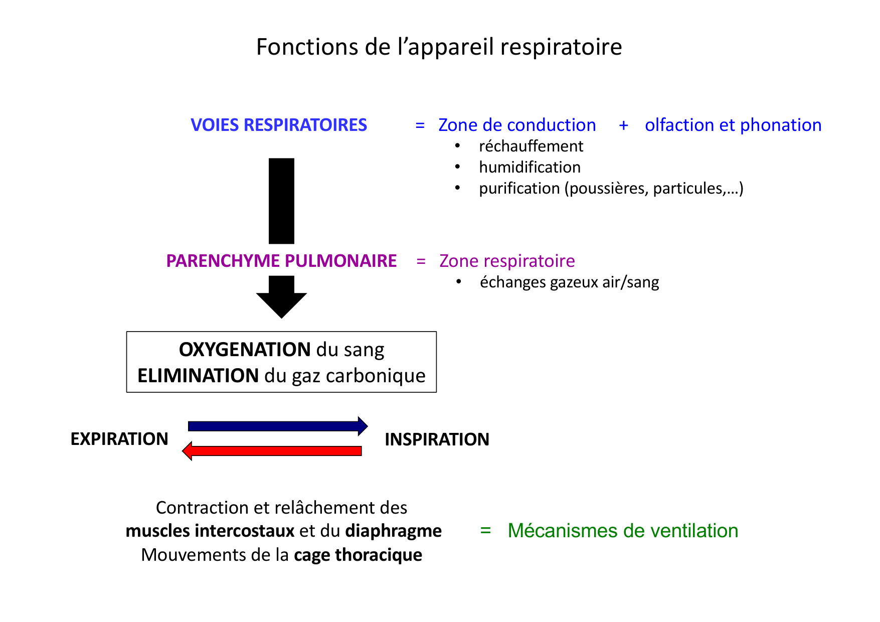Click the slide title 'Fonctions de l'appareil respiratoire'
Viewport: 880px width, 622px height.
[439, 47]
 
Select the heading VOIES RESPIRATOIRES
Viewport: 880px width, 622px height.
[279, 125]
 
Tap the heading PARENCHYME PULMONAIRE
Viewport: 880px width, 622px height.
[281, 261]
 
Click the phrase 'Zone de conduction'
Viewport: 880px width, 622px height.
[517, 125]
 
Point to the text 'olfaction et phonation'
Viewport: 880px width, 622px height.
[733, 125]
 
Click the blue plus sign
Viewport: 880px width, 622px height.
[623, 125]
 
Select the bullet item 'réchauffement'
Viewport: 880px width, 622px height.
[531, 146]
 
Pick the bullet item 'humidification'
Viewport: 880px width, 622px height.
[530, 167]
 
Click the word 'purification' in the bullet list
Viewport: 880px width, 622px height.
[519, 188]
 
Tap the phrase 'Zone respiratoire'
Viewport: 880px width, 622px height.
[507, 261]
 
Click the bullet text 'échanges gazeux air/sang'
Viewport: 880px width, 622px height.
[569, 282]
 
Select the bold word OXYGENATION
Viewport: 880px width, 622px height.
[245, 350]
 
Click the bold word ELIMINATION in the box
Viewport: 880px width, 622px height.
[198, 376]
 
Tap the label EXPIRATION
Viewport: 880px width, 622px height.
[119, 439]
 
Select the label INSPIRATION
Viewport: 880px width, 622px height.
[437, 439]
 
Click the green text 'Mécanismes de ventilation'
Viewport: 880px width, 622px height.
[622, 531]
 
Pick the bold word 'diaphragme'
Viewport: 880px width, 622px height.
[393, 531]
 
